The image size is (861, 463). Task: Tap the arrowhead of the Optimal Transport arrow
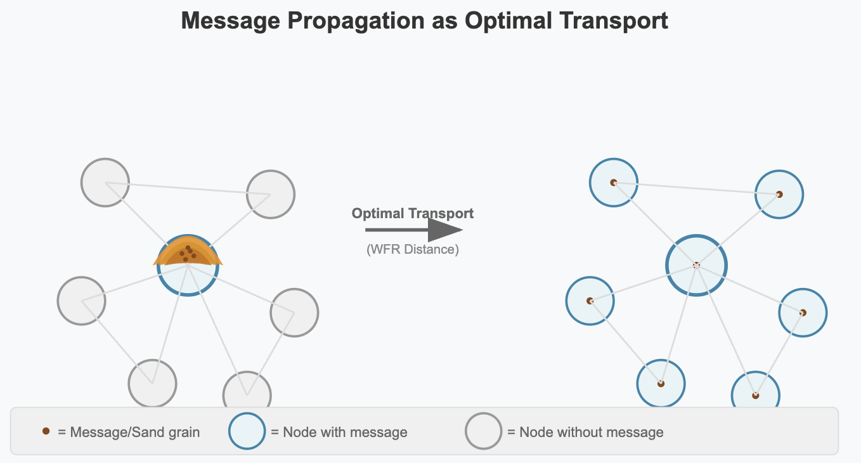pos(445,230)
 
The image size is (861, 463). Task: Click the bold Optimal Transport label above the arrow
pos(413,214)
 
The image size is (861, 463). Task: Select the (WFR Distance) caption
pos(413,249)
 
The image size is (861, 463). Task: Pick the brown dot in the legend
pos(46,431)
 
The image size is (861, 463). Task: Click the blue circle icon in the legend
pos(247,431)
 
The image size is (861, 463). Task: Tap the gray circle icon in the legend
pos(483,431)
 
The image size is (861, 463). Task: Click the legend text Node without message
pos(591,432)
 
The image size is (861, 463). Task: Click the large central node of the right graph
pos(697,265)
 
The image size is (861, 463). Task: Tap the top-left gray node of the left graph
pos(105,183)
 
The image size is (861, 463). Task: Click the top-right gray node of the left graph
pos(271,195)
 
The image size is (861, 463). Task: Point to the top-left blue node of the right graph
pos(614,183)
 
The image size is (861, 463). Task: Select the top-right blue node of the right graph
pos(779,195)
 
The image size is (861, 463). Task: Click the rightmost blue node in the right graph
pos(803,313)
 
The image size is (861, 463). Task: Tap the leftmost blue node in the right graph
pos(590,301)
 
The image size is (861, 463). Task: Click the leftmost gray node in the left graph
pos(82,301)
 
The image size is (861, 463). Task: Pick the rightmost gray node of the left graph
pos(294,313)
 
